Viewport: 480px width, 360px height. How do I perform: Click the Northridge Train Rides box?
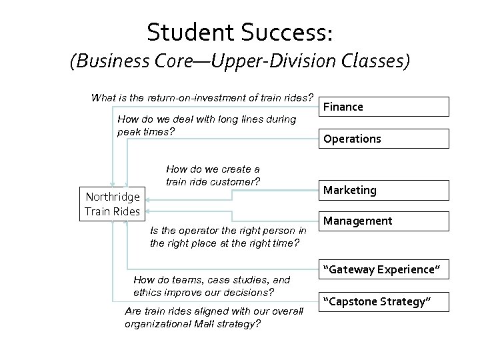[112, 204]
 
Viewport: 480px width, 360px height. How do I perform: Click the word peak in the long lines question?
[129, 131]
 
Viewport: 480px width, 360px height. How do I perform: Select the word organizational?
[157, 324]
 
